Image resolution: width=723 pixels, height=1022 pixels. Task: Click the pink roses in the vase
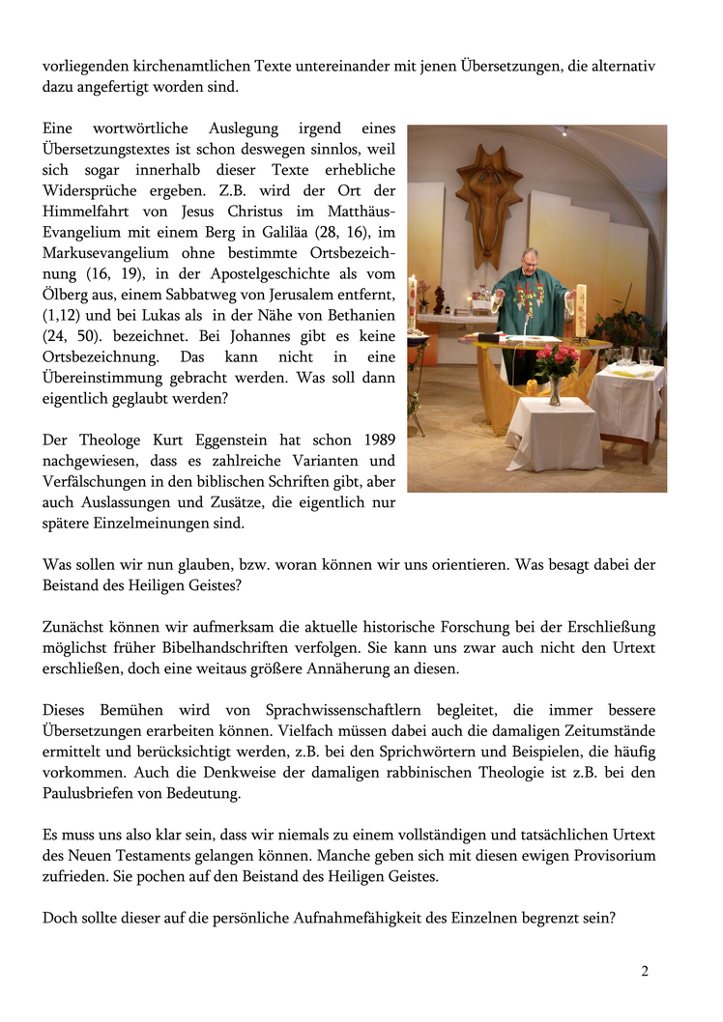(x=556, y=360)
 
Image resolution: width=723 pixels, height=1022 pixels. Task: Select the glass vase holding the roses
(x=554, y=389)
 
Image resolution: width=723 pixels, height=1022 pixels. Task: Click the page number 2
(x=645, y=971)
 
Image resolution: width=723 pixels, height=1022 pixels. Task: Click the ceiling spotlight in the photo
(x=565, y=130)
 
